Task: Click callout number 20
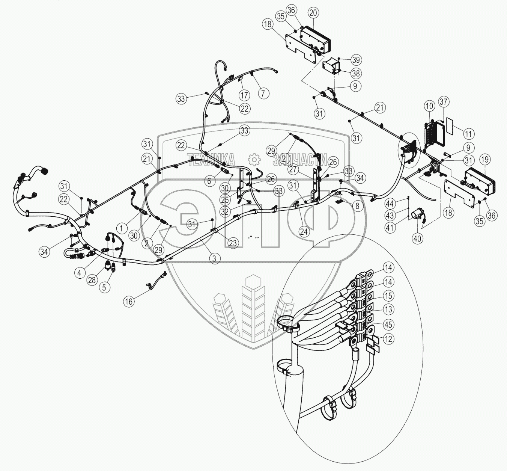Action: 313,12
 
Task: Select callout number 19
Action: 485,159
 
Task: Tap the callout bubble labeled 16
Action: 129,302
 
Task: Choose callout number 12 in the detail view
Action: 388,339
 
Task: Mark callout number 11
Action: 468,133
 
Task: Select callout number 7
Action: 263,93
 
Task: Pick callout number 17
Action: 244,95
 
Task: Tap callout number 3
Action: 214,258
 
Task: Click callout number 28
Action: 92,279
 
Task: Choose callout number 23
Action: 233,243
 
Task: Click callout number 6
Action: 209,181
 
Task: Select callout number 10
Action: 430,106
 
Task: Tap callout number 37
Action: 444,102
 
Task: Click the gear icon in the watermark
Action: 254,159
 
